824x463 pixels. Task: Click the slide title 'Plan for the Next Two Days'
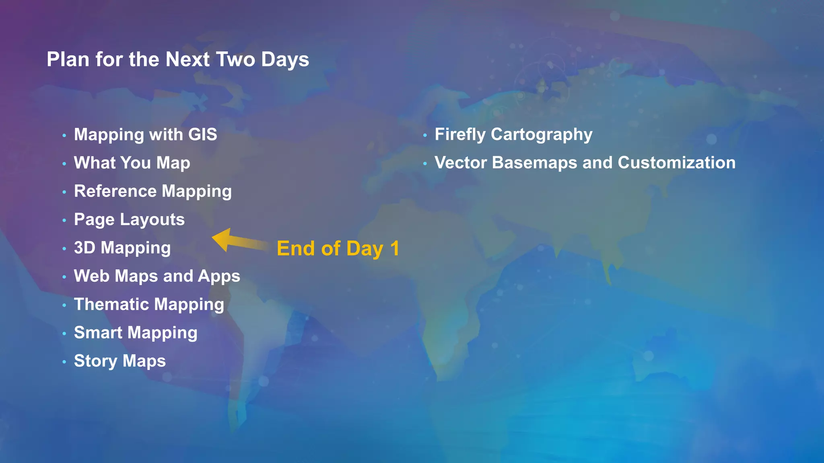[x=177, y=59]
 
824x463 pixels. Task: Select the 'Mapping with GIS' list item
[x=145, y=135]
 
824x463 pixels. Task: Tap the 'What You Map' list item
[x=132, y=163]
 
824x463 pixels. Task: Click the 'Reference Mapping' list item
[x=153, y=191]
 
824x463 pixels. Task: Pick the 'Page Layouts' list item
[x=129, y=219]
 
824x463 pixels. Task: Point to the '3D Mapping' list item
[x=122, y=248]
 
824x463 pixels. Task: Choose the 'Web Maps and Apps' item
[x=157, y=276]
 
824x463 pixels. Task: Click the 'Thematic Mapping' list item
[x=149, y=304]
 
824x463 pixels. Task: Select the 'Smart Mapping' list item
[x=136, y=333]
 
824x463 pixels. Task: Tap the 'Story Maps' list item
[x=119, y=361]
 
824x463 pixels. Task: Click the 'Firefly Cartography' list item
[x=513, y=135]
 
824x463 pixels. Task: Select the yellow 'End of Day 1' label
[x=338, y=248]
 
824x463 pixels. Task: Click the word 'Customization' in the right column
[x=676, y=163]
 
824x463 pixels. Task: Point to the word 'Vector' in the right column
[x=460, y=163]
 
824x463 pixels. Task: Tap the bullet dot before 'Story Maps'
[x=64, y=362]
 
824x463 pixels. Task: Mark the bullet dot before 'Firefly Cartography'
[x=425, y=135]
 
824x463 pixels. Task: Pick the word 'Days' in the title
[x=285, y=59]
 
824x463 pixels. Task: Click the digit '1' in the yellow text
[x=395, y=248]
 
